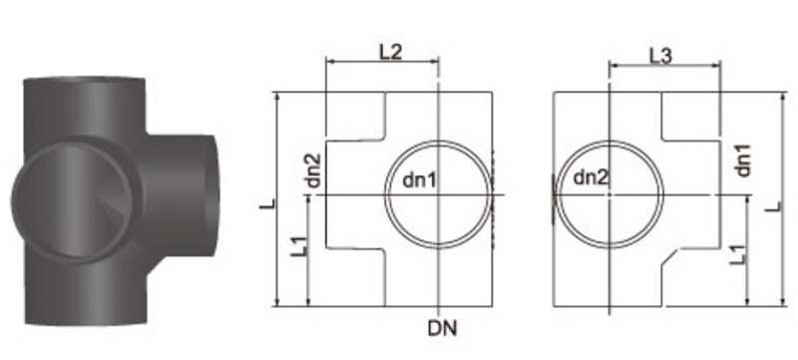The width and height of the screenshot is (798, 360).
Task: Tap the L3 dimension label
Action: [660, 56]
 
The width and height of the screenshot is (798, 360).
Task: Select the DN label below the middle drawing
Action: [442, 328]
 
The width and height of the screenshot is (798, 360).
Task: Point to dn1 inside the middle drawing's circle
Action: [419, 180]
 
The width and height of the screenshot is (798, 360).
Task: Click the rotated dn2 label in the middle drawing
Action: [314, 171]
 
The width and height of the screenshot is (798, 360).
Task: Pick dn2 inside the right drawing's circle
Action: [591, 178]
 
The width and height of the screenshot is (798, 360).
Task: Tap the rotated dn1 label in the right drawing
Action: [743, 160]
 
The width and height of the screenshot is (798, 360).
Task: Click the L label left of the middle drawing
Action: [268, 203]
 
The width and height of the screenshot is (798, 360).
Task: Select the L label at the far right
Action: [775, 207]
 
